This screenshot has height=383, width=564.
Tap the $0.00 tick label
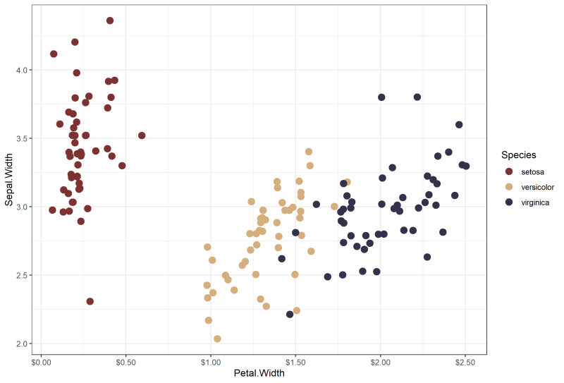pos(42,362)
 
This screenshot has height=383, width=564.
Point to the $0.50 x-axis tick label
pos(126,362)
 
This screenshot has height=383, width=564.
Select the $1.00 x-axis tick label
pos(211,362)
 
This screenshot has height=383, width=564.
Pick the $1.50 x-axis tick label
pos(295,362)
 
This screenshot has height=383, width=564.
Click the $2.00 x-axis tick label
pos(380,362)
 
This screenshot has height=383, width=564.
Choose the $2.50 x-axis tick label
pos(465,362)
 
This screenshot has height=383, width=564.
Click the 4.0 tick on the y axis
pos(22,70)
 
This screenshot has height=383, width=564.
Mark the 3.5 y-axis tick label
pos(22,138)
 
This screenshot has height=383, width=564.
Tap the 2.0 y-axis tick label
pos(22,344)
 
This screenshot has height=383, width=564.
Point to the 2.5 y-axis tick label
pos(22,275)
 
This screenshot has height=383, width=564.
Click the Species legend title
pos(520,154)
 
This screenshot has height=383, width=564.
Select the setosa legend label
pos(532,171)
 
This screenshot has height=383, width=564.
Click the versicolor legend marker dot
pos(508,187)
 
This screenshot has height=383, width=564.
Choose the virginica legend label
pos(535,202)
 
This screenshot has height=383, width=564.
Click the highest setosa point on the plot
pos(110,20)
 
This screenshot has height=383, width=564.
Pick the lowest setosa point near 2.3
pos(90,301)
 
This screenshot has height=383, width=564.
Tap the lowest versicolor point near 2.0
pos(217,339)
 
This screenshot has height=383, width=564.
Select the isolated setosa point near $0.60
pos(142,135)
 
